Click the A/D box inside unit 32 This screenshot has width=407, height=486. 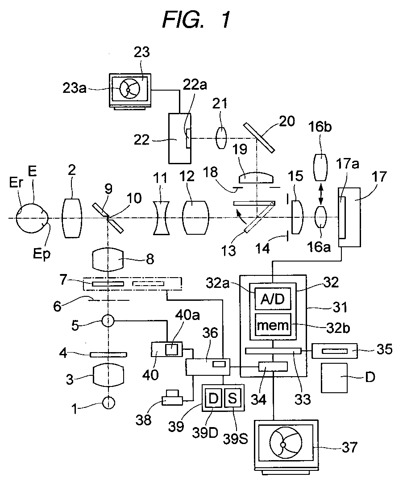click(273, 299)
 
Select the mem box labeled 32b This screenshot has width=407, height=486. click(273, 324)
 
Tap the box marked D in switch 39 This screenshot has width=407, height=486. click(213, 398)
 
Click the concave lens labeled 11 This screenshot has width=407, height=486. click(161, 218)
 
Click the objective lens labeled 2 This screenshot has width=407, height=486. click(72, 218)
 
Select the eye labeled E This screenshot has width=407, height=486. click(33, 218)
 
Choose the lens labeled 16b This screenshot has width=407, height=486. click(320, 167)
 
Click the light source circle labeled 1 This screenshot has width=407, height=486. click(108, 403)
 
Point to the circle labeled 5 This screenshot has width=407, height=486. click(108, 321)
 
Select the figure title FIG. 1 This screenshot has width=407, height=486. click(196, 20)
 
